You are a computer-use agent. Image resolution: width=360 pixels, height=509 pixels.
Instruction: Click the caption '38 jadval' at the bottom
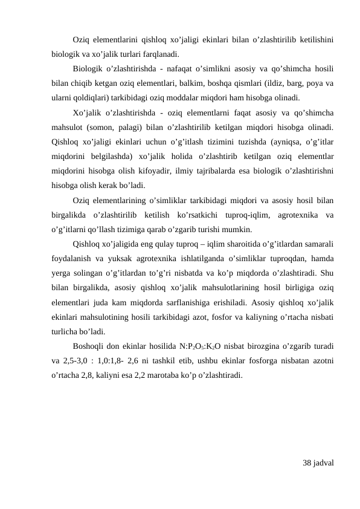(319, 463)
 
